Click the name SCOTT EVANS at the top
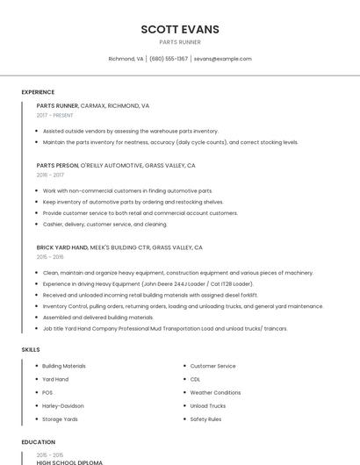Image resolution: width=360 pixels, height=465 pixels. pos(180,30)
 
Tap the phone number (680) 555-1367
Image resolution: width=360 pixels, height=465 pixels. pos(169,59)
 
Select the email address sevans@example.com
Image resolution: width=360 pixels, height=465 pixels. pos(222,59)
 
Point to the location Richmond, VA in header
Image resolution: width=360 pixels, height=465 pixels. pos(126,59)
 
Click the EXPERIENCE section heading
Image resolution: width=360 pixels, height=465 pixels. pos(38,92)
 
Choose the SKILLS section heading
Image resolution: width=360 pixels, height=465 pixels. pos(31,350)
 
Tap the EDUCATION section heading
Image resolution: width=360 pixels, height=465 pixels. pos(38,442)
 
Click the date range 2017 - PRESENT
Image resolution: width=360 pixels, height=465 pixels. pos(55,115)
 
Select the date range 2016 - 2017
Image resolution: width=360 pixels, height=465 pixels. pos(50,175)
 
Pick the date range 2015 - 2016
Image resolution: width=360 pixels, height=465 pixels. pos(50,257)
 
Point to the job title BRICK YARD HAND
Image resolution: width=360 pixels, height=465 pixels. pos(62,247)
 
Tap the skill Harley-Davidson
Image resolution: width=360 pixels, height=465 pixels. pos(63,405)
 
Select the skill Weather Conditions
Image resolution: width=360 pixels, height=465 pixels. pos(215,392)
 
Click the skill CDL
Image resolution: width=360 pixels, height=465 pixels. pos(195,379)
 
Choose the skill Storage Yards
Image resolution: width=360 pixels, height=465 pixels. pos(60,419)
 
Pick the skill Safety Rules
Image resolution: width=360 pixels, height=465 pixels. pos(205,419)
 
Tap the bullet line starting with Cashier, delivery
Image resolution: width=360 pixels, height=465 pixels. pos(104,224)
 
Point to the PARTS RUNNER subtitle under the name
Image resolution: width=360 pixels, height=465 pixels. pos(180,42)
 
